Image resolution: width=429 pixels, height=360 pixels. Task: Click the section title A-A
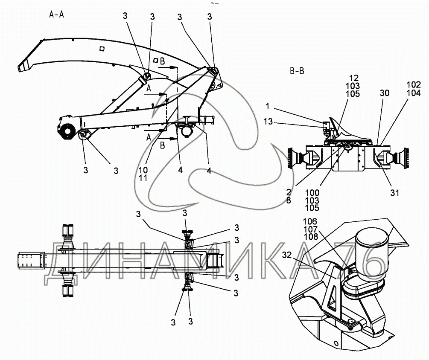tap(57, 15)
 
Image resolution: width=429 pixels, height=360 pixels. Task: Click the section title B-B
tap(297, 71)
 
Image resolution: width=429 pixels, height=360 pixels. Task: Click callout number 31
tap(394, 193)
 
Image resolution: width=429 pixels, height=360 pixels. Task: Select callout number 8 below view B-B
tap(289, 200)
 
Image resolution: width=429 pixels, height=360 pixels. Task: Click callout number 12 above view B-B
tap(354, 78)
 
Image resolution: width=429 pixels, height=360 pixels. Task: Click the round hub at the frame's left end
tap(66, 132)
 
